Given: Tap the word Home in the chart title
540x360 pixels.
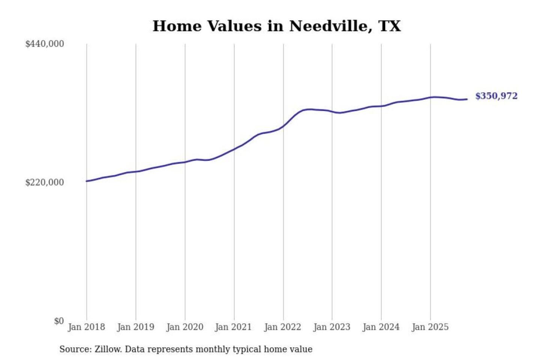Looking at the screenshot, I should point(177,26).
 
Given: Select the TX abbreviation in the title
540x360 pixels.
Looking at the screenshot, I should point(390,26).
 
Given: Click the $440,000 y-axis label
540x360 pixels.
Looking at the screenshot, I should point(45,44).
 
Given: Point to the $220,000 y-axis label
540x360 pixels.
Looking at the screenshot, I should point(45,183).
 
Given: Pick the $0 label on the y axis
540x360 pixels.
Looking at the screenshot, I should point(59,321).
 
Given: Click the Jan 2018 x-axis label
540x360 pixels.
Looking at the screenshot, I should point(87,327).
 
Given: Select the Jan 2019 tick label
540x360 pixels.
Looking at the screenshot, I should point(136,327).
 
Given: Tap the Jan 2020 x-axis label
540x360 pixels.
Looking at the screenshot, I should point(185,327).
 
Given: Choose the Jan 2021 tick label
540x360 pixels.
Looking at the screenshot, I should point(234,327).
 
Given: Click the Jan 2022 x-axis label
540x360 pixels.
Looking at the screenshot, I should point(283,327).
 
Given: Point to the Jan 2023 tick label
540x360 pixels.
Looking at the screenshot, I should point(332,327).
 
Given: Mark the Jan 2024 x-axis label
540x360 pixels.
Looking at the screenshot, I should point(381,327).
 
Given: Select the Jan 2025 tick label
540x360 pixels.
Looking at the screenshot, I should point(430,327).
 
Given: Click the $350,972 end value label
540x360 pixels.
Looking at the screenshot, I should point(496,96).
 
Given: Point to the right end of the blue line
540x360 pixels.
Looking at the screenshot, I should point(467,99).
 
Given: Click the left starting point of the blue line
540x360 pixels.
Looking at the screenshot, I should point(87,181).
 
